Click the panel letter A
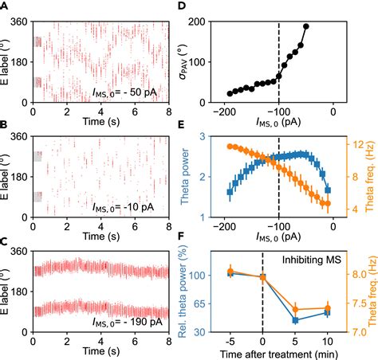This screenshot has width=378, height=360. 4,6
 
